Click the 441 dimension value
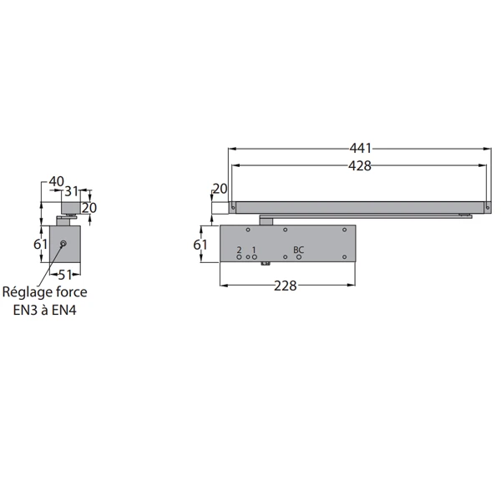click(360, 149)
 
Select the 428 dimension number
click(359, 166)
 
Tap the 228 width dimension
click(286, 286)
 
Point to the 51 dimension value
click(65, 275)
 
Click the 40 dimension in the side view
click(56, 181)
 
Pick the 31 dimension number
click(71, 191)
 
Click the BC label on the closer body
click(298, 250)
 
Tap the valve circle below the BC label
click(299, 257)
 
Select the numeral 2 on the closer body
click(239, 250)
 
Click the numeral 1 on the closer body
click(254, 250)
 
